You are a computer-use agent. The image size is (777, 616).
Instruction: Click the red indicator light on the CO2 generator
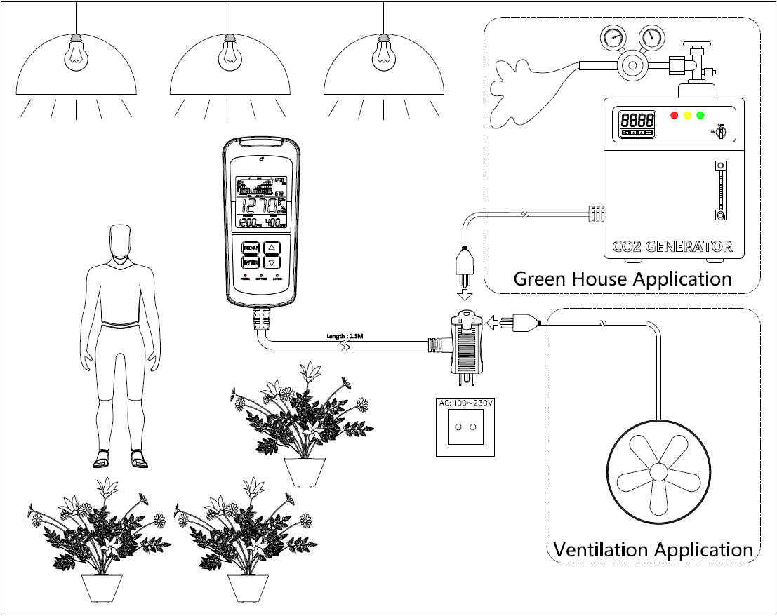pyautogui.click(x=675, y=115)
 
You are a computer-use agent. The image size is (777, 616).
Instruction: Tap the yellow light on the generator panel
pyautogui.click(x=687, y=115)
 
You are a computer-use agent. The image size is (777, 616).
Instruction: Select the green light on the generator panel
pyautogui.click(x=700, y=115)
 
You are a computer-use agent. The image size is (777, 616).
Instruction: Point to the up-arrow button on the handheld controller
pyautogui.click(x=274, y=248)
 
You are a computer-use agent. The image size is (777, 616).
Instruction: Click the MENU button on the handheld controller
pyautogui.click(x=251, y=248)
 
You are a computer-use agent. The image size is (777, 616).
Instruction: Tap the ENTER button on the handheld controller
pyautogui.click(x=251, y=262)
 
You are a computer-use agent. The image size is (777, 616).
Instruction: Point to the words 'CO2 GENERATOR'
pyautogui.click(x=672, y=247)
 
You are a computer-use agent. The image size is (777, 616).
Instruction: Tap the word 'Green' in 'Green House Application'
pyautogui.click(x=538, y=279)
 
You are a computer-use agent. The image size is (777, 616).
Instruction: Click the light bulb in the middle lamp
pyautogui.click(x=230, y=55)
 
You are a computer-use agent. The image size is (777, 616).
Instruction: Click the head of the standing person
pyautogui.click(x=122, y=243)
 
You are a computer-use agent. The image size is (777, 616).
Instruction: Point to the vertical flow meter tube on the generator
pyautogui.click(x=717, y=190)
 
